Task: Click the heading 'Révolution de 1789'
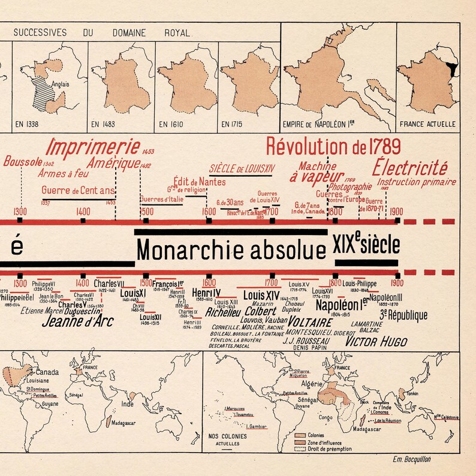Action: point(333,146)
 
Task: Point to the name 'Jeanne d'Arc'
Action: point(78,321)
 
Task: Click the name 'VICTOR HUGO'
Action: point(376,342)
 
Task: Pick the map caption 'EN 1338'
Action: point(28,125)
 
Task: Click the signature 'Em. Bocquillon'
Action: point(414,460)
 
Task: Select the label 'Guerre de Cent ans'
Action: point(79,191)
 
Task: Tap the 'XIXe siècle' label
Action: point(366,245)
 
